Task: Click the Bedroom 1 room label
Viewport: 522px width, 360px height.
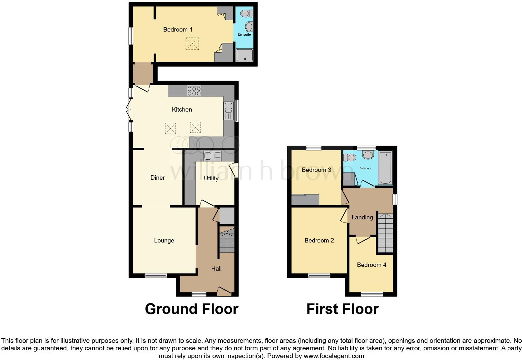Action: [178, 30]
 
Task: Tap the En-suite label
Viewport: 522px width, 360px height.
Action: [244, 34]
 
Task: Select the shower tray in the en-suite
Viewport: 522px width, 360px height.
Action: [244, 55]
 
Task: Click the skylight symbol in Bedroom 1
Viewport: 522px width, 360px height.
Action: [192, 43]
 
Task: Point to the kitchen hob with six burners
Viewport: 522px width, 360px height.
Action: [194, 91]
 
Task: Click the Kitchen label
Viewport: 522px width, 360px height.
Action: [182, 110]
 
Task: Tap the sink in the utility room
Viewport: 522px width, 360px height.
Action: [212, 156]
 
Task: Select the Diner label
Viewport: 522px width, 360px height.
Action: [157, 178]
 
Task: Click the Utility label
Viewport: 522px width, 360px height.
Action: [211, 178]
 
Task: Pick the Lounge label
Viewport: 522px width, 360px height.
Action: [164, 241]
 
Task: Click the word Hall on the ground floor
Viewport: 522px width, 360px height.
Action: [216, 269]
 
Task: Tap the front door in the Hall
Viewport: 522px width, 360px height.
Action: [224, 292]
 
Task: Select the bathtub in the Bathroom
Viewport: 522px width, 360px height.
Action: [386, 168]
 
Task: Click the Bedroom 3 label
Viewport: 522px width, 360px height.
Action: [316, 170]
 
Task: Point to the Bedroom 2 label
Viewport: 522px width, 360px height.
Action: [319, 241]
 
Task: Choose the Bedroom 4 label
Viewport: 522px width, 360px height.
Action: [372, 265]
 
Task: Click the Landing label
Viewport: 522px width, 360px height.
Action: [362, 217]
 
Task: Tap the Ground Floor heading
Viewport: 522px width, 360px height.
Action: [191, 309]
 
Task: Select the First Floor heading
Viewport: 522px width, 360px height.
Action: [342, 309]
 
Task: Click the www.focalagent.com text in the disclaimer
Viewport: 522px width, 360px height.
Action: [334, 356]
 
